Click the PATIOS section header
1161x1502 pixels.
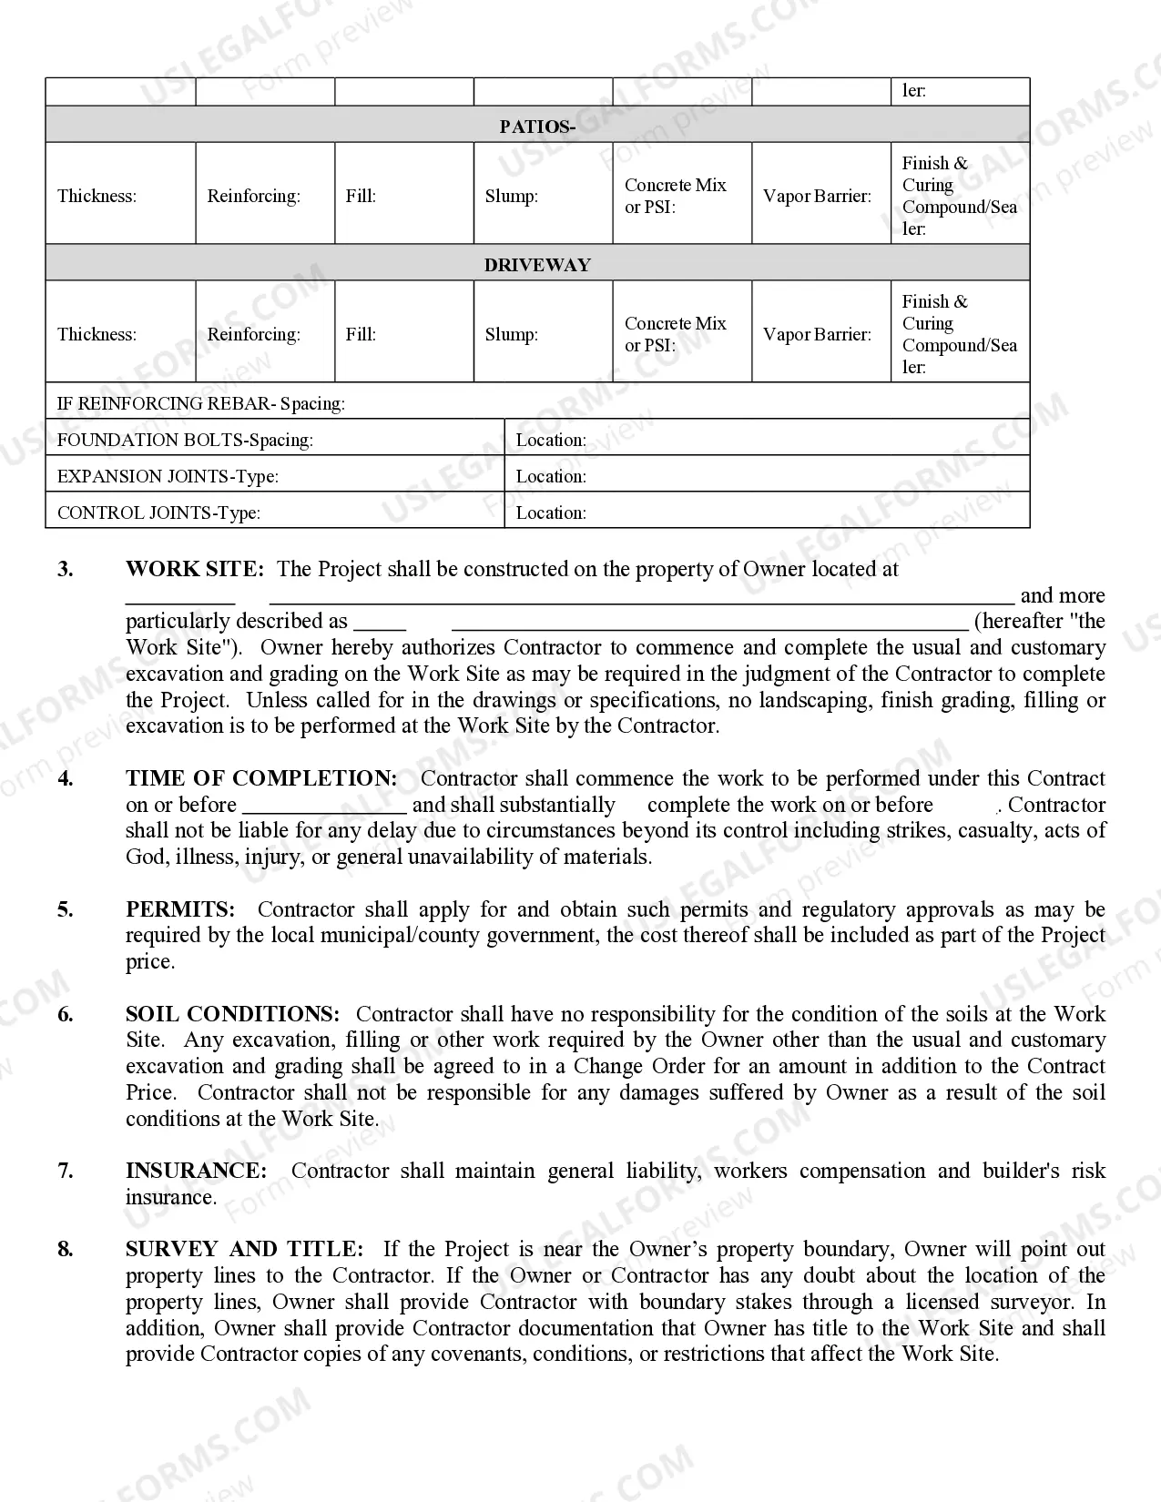pos(537,127)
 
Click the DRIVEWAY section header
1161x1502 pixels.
pos(537,265)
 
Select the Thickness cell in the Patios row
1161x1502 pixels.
pos(120,196)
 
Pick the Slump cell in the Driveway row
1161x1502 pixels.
pos(543,334)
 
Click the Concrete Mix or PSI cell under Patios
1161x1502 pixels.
pos(681,196)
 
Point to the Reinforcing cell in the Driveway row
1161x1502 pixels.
pos(264,334)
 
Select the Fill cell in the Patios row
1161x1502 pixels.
pos(403,196)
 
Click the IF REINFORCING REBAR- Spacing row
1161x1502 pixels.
pos(537,403)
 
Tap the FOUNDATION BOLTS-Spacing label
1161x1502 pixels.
pos(185,440)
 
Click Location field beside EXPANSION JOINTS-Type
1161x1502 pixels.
pos(767,476)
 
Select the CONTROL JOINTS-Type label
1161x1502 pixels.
pos(158,513)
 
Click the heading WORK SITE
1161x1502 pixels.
pos(195,569)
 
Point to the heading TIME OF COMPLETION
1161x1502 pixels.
pos(261,778)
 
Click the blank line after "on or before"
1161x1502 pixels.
pos(324,806)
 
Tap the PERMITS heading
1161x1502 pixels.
pos(180,909)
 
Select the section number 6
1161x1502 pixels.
pos(66,1014)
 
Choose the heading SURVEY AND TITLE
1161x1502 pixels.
pos(244,1249)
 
